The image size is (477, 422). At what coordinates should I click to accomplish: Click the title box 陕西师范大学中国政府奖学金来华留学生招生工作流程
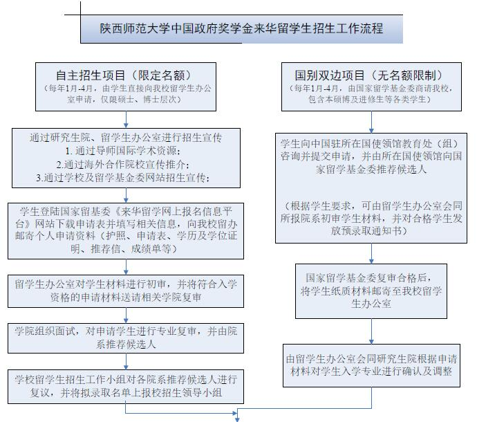(x=241, y=29)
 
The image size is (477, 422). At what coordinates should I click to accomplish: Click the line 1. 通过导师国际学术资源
(x=123, y=150)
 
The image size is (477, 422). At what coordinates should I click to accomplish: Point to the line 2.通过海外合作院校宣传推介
(x=123, y=164)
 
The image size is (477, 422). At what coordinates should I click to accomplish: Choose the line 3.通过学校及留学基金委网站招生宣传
(x=123, y=178)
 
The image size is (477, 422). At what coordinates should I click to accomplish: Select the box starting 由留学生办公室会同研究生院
(x=372, y=365)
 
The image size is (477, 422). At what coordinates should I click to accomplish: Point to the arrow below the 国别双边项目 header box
(x=372, y=122)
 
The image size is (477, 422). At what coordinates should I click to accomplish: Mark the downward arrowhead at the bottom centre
(x=237, y=417)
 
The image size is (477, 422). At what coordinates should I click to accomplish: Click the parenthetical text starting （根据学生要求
(x=372, y=219)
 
